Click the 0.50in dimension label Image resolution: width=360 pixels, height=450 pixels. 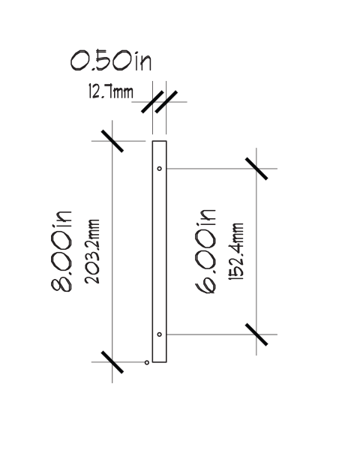pos(111,60)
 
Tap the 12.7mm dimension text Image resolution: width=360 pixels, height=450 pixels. pos(111,91)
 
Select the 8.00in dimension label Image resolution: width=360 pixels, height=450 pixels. pos(61,252)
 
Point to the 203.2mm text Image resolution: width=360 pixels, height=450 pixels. pos(92,252)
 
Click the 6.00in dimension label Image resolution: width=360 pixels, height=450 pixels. pos(205,252)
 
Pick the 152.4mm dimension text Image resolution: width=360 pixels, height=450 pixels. pos(236,251)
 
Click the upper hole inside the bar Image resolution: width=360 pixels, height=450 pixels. pos(159,169)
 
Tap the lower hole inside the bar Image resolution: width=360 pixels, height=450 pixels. pos(159,334)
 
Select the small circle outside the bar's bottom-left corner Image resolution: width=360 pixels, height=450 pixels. pos(147,362)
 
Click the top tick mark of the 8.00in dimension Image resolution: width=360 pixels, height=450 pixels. pos(112,141)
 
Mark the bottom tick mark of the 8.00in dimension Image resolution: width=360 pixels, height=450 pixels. pos(112,362)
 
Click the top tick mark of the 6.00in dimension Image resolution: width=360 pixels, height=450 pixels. pos(256,169)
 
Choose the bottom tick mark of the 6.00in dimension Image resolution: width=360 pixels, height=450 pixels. pos(256,334)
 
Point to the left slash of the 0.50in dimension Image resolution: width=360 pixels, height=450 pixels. pos(152,102)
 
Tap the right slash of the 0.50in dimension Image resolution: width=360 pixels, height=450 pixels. pos(166,102)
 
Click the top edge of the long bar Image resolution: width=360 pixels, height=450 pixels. pos(159,141)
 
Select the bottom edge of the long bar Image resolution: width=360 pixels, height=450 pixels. pos(159,362)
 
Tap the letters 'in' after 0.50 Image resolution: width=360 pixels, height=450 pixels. pos(143,61)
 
